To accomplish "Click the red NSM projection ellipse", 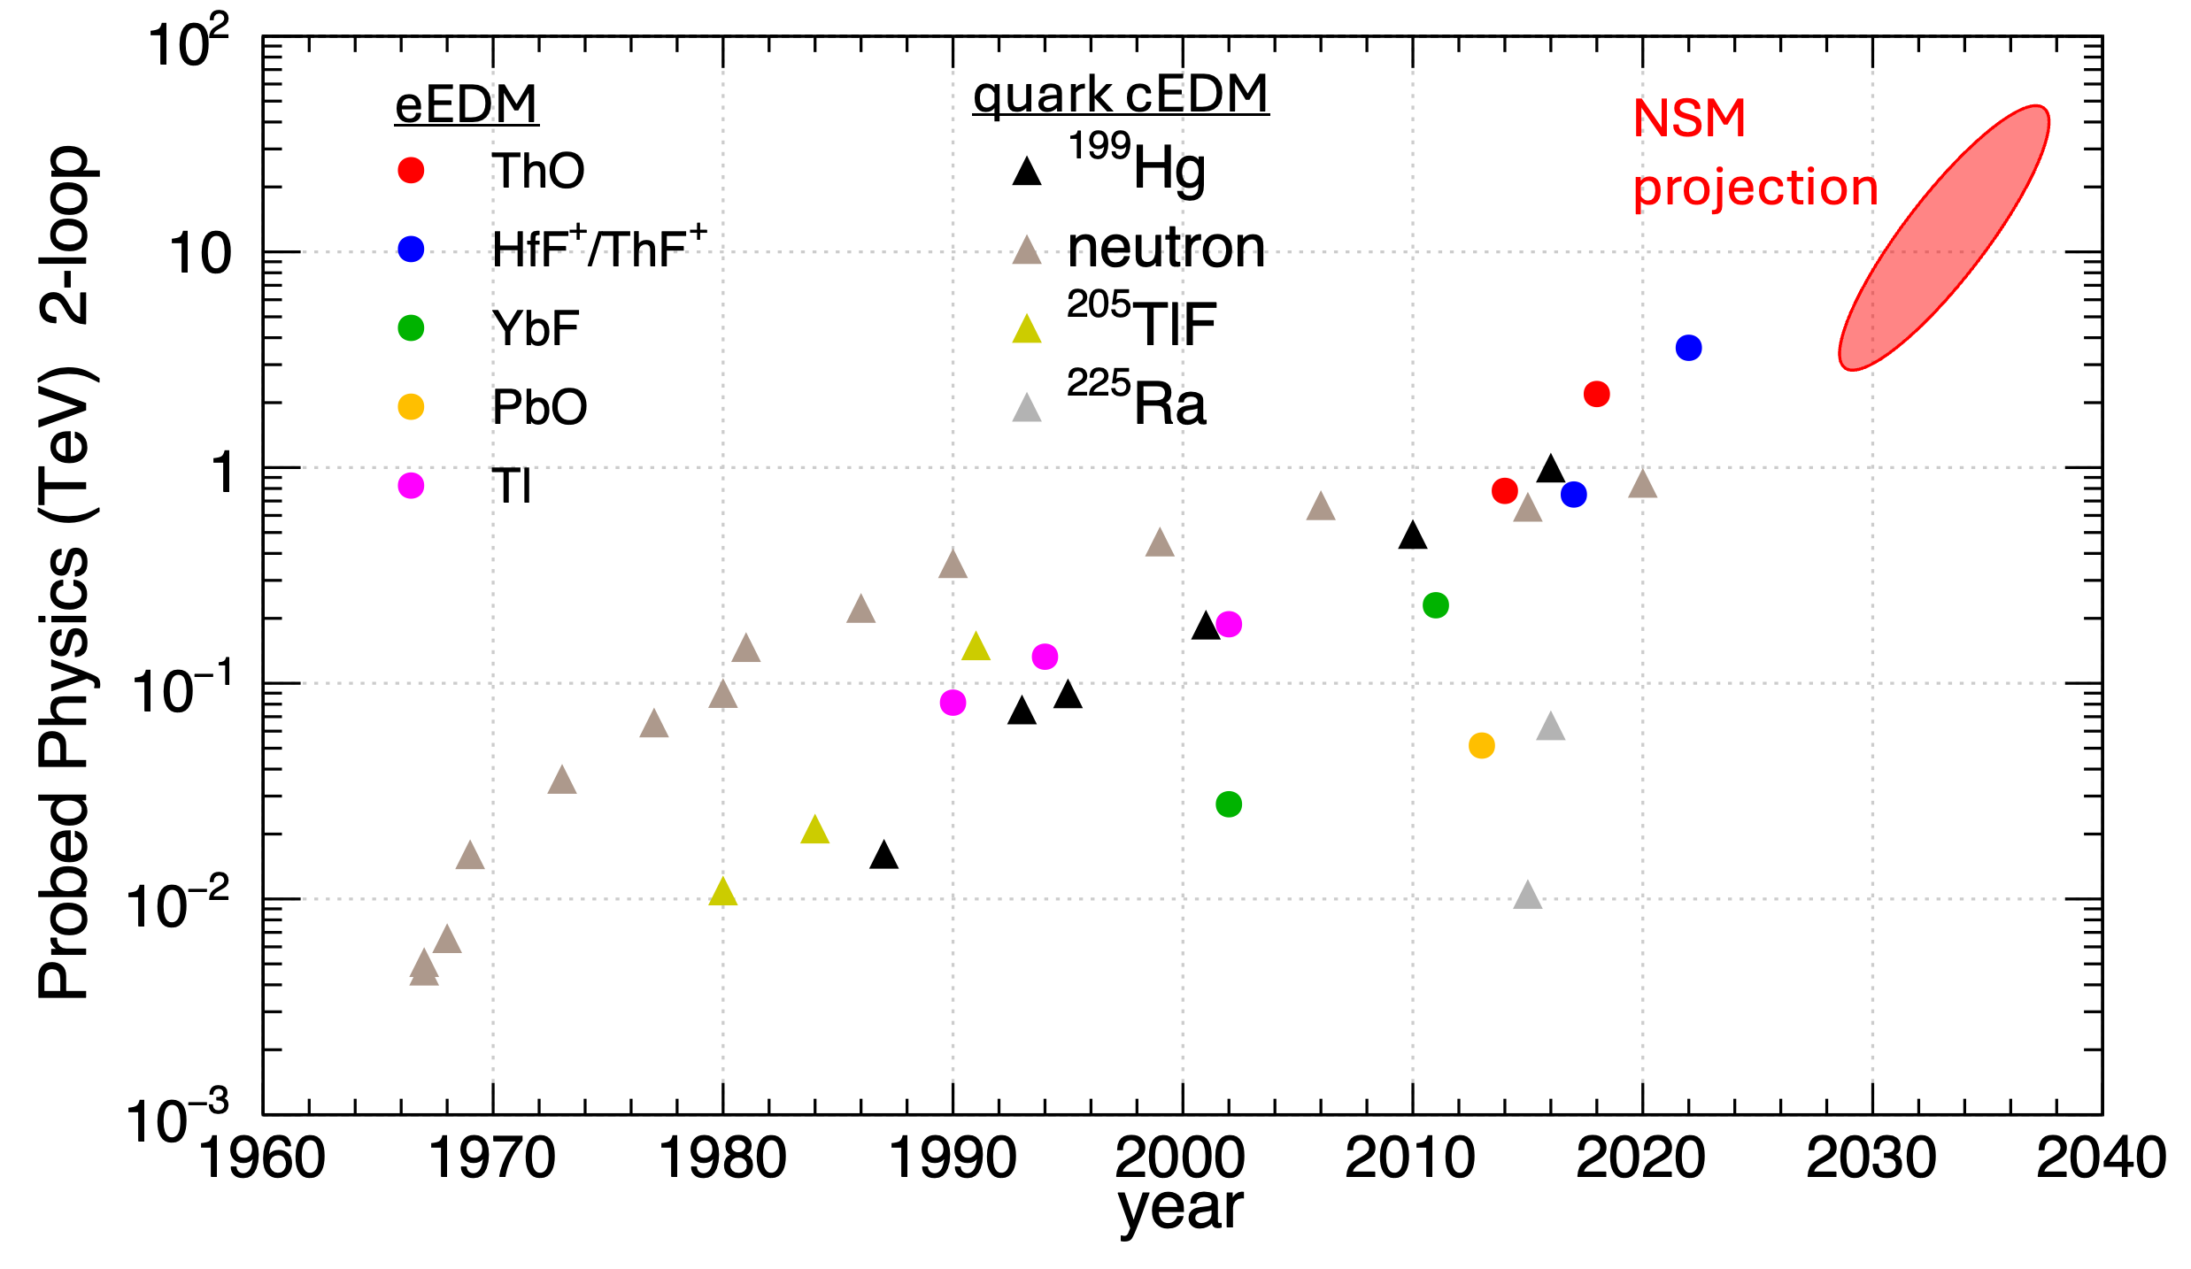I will pyautogui.click(x=1943, y=237).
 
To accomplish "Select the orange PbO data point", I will pyautogui.click(x=1481, y=745).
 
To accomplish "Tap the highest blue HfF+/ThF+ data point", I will pyautogui.click(x=1688, y=348).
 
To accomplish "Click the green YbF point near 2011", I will pyautogui.click(x=1435, y=605).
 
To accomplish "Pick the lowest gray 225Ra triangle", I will pyautogui.click(x=1528, y=896).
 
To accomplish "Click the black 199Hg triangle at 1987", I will pyautogui.click(x=883, y=856).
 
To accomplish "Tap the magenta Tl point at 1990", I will pyautogui.click(x=953, y=703).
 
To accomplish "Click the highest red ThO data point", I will pyautogui.click(x=1596, y=394).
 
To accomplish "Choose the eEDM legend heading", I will pyautogui.click(x=467, y=105).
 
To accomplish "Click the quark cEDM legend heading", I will pyautogui.click(x=1121, y=95).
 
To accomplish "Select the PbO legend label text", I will pyautogui.click(x=539, y=407).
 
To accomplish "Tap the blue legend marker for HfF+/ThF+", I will pyautogui.click(x=411, y=250).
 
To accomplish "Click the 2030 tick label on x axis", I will pyautogui.click(x=1871, y=1157).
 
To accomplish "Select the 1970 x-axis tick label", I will pyautogui.click(x=492, y=1157).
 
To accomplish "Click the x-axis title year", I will pyautogui.click(x=1181, y=1209).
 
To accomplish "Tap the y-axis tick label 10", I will pyautogui.click(x=200, y=254).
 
